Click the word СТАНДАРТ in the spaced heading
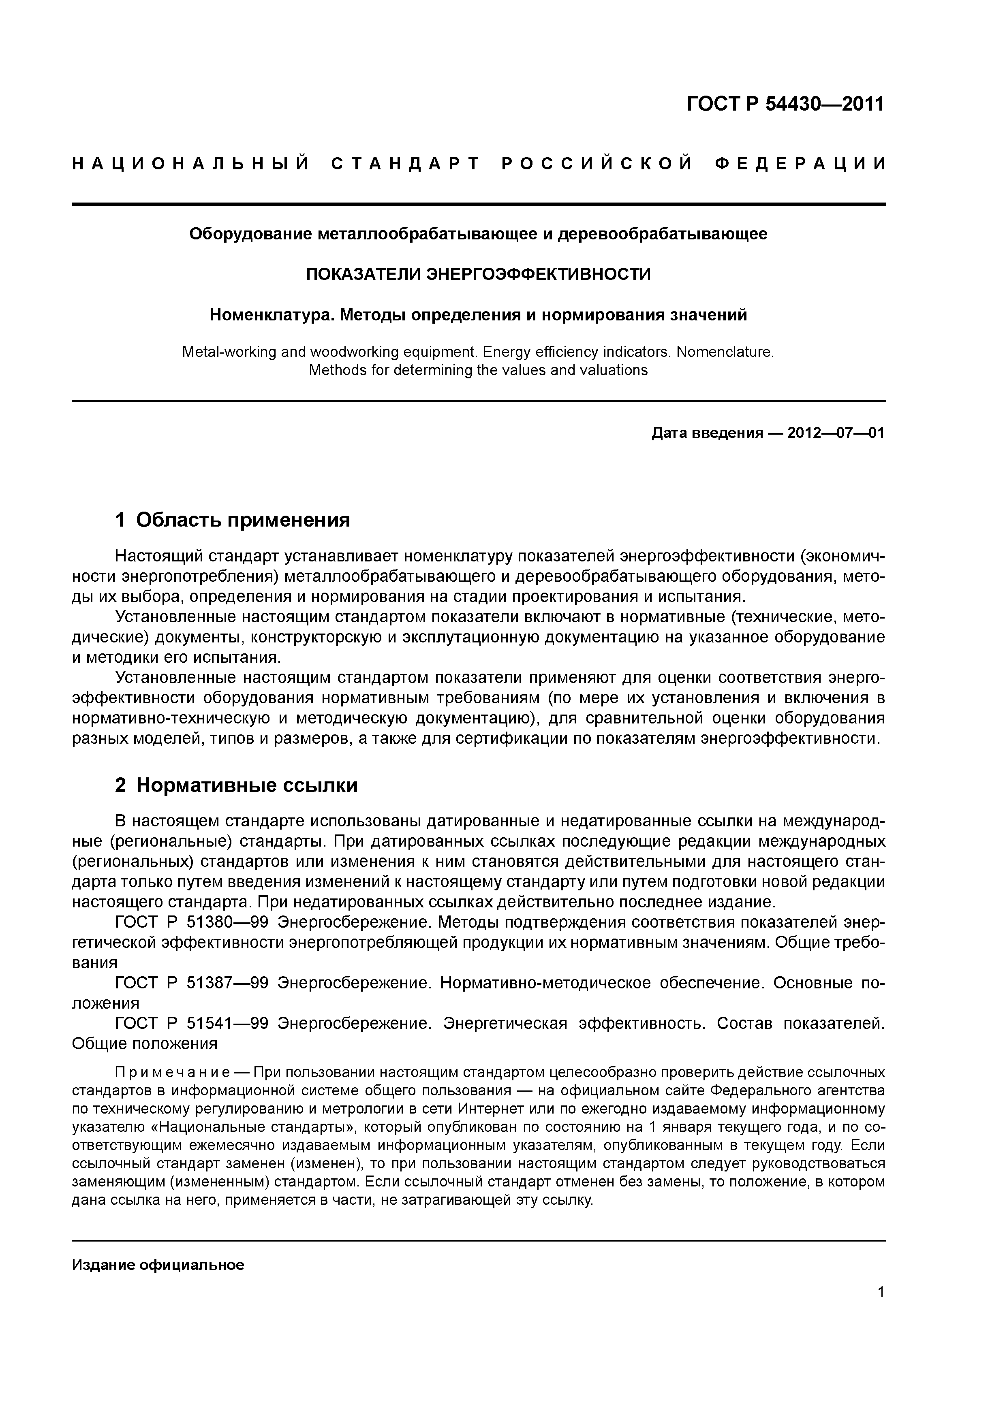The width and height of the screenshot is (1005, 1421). point(406,164)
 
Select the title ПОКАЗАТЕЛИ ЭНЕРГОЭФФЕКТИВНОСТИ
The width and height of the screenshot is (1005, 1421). point(478,274)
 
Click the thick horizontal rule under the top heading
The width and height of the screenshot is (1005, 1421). point(478,204)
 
